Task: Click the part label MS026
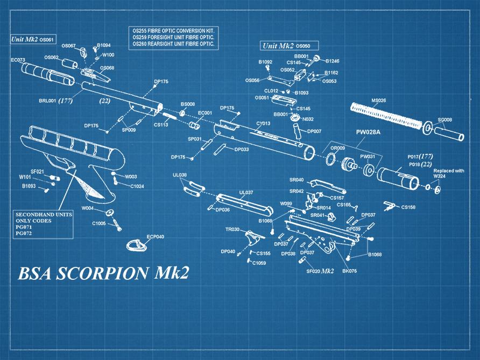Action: click(378, 101)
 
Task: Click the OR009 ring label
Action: click(337, 148)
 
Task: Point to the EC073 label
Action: click(18, 60)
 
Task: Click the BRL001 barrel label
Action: click(47, 101)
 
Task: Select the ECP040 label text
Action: click(156, 237)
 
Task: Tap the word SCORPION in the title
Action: click(95, 273)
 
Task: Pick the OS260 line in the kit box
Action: click(173, 45)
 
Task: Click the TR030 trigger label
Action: click(232, 229)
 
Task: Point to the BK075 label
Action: click(349, 271)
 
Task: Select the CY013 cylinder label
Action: click(263, 124)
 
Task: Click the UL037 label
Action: click(245, 192)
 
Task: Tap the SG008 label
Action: click(444, 120)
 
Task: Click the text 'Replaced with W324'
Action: click(448, 174)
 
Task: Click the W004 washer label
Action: click(88, 208)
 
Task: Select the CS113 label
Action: click(161, 125)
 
